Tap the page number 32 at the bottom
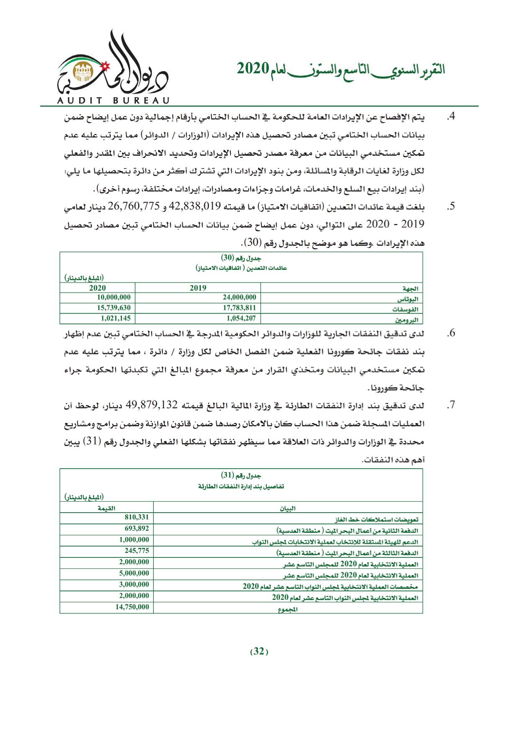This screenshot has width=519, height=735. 259,651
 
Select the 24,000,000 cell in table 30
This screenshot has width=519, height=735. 239,297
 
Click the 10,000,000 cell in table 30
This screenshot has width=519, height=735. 113,297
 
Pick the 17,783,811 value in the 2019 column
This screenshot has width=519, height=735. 239,308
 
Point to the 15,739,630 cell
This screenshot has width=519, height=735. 113,308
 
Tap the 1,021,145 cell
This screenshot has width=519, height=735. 115,318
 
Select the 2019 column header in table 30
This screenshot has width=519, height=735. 198,288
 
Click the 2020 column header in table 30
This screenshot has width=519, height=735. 97,288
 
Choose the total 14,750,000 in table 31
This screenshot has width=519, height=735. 132,606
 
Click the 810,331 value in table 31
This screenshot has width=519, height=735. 137,518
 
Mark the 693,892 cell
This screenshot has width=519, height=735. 137,529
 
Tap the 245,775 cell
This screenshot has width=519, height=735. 137,551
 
